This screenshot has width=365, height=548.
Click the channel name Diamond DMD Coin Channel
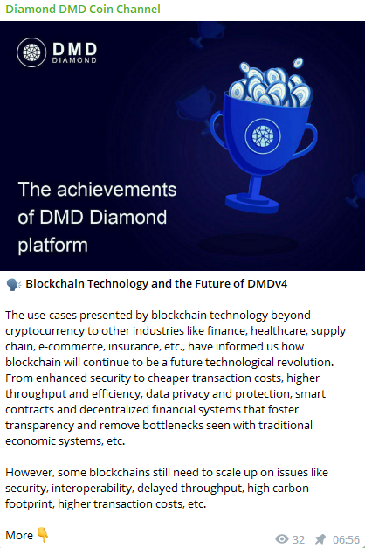pyautogui.click(x=83, y=9)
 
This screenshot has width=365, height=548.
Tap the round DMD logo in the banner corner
pyautogui.click(x=31, y=52)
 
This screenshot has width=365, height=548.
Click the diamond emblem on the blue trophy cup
pyautogui.click(x=263, y=136)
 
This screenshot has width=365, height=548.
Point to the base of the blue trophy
pyautogui.click(x=251, y=203)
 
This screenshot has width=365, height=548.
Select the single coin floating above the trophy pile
pyautogui.click(x=298, y=63)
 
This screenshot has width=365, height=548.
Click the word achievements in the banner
pyautogui.click(x=117, y=190)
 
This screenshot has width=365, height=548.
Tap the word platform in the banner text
pyautogui.click(x=52, y=246)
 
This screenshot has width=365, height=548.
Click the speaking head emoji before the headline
pyautogui.click(x=14, y=284)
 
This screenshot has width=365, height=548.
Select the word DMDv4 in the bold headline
pyautogui.click(x=267, y=284)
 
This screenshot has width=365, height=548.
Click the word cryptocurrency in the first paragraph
pyautogui.click(x=45, y=331)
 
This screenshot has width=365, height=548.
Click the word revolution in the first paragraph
pyautogui.click(x=305, y=362)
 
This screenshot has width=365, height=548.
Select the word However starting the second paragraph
pyautogui.click(x=30, y=473)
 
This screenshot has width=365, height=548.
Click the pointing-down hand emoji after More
pyautogui.click(x=43, y=535)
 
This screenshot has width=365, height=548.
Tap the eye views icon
pyautogui.click(x=282, y=539)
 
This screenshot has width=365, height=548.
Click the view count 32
pyautogui.click(x=299, y=539)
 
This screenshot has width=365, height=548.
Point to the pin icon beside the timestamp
pyautogui.click(x=320, y=539)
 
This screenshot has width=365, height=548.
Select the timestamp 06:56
pyautogui.click(x=346, y=539)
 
